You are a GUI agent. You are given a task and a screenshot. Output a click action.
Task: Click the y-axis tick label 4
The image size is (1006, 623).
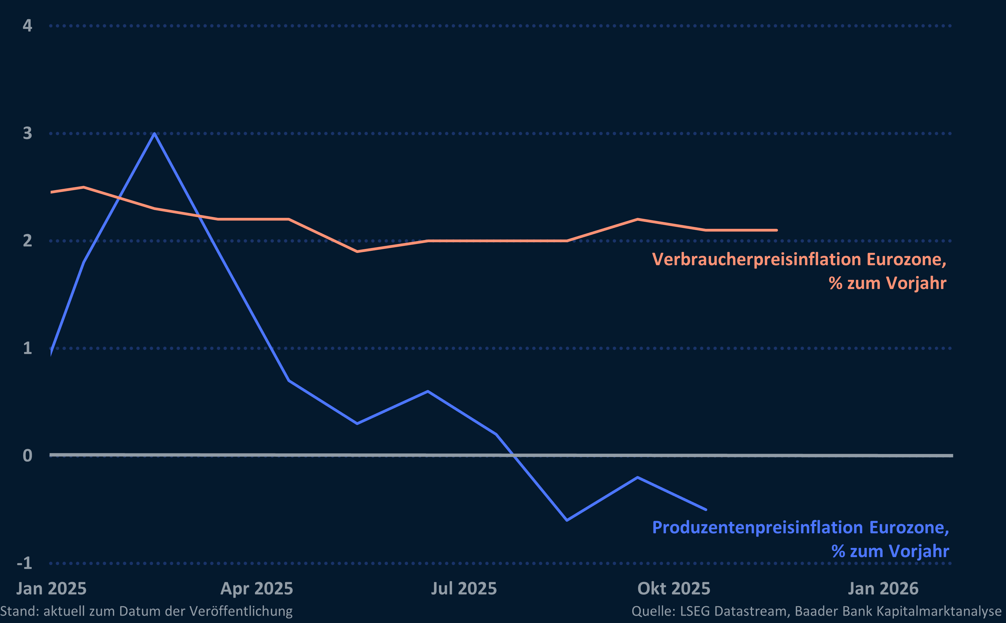coord(27,26)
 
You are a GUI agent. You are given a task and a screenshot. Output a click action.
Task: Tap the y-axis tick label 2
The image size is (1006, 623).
coord(27,241)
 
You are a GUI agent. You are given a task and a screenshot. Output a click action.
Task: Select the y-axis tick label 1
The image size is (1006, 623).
coord(27,348)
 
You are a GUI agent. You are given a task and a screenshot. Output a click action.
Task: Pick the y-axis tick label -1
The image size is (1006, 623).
coord(24,563)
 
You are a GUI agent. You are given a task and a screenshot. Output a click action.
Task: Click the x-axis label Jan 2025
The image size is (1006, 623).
coord(52,589)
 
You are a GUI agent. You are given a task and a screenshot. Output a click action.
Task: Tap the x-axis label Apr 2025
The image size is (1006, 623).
coord(257,589)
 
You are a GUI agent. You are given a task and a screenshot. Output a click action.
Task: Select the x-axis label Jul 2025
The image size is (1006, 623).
coord(464,589)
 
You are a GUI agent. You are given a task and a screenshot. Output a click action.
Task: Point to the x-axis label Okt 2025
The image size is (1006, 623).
coord(674,589)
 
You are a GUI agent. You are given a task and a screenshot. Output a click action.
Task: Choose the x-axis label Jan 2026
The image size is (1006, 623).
coord(883,589)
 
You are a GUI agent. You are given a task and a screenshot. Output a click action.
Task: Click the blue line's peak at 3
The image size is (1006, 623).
coord(154,134)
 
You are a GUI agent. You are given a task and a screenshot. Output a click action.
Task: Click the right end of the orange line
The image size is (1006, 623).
coord(776,230)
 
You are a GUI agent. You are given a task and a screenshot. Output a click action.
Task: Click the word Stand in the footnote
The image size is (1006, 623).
coord(19,611)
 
